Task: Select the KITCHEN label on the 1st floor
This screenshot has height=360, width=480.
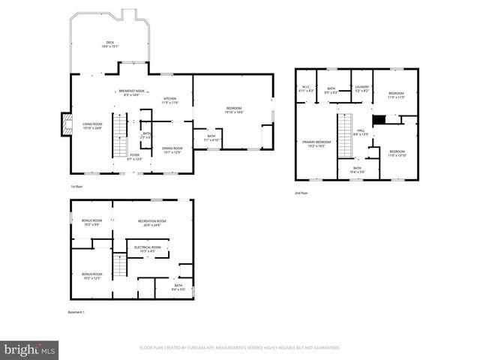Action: pos(170,100)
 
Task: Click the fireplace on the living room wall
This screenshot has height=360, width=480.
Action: pos(66,125)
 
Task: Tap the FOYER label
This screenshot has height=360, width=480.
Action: pos(135,157)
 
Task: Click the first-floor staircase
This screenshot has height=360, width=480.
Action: pos(119,135)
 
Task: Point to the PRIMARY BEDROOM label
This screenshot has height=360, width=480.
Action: pos(316,144)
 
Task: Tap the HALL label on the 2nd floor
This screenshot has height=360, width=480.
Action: pos(360,132)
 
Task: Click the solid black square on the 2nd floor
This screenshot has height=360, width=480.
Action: pos(379,120)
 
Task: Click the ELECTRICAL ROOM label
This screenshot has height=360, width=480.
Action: pos(147,248)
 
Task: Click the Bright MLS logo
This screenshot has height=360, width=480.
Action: pos(29,349)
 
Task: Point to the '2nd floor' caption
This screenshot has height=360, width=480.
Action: pos(301,193)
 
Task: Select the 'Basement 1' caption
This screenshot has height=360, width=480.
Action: pos(77,312)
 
